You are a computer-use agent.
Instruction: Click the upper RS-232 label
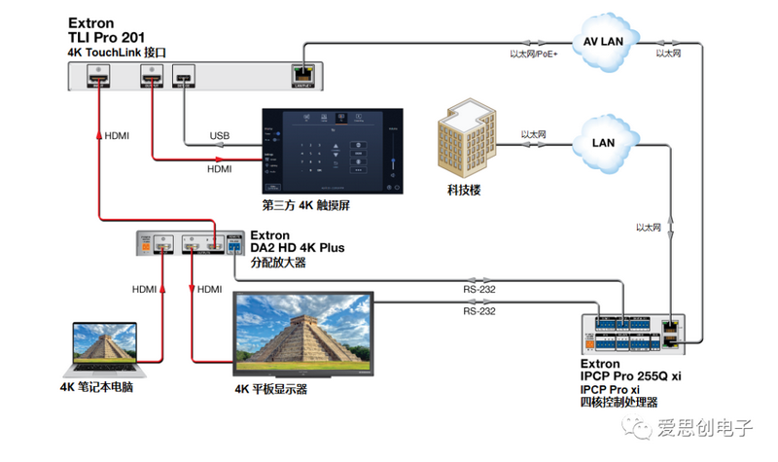(x=478, y=288)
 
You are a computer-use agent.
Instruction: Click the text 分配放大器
(x=278, y=262)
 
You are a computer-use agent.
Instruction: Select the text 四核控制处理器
(x=619, y=401)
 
